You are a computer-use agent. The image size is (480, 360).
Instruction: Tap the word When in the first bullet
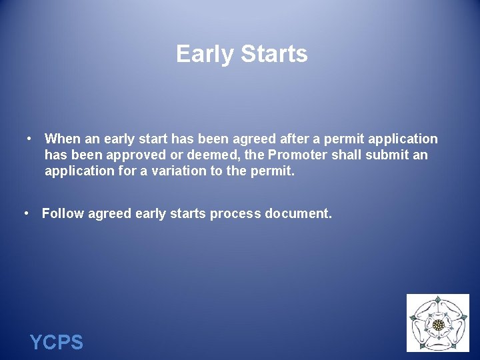coord(62,139)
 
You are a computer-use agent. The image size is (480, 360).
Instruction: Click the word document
coord(298,213)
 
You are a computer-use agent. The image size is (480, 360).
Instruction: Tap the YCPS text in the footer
coord(57,343)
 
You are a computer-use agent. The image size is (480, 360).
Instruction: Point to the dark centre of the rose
coord(438,325)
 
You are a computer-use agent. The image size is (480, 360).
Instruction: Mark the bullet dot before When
coord(30,139)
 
